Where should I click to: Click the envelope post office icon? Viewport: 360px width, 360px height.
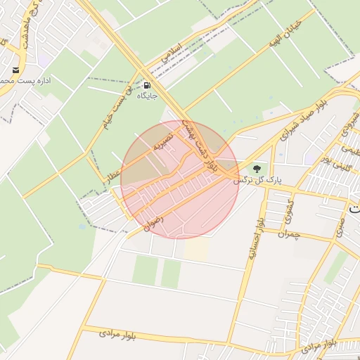pos(15,70)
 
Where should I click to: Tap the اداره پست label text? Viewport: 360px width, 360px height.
pos(15,82)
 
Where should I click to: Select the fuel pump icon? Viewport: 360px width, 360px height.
pos(146,82)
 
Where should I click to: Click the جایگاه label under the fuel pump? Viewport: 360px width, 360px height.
pos(146,95)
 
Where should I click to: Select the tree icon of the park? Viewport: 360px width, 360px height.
pos(257,169)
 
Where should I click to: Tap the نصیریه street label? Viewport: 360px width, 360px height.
pos(164,143)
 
